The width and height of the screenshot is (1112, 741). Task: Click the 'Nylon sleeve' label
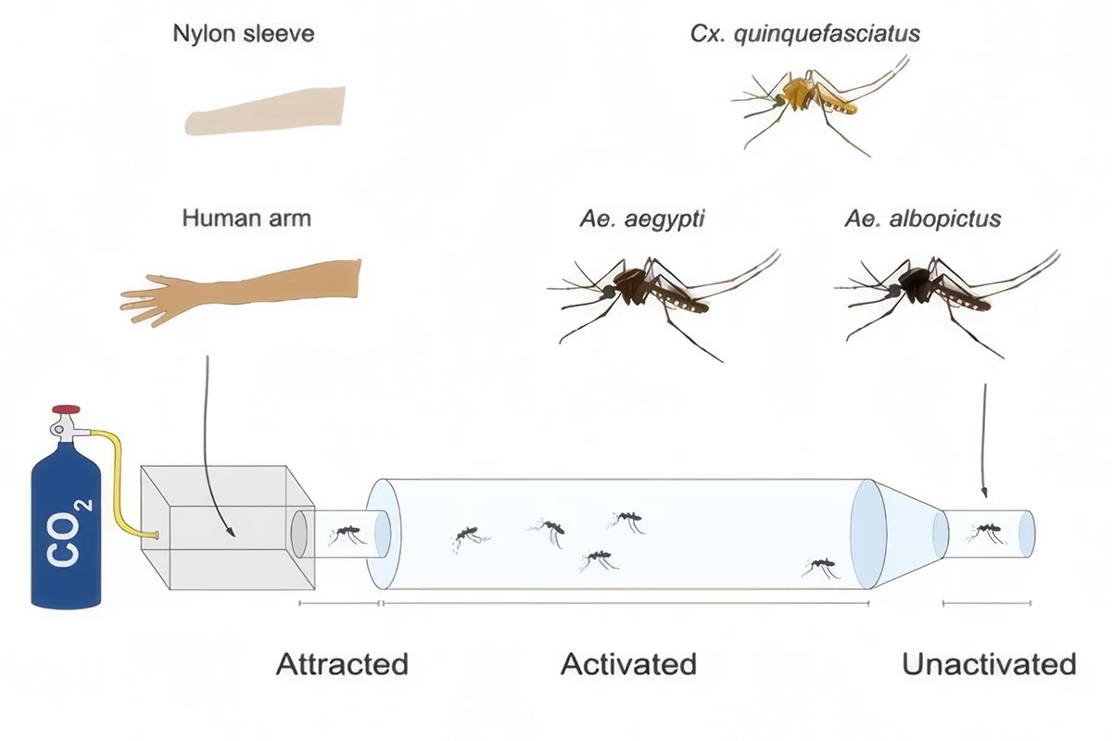point(244,34)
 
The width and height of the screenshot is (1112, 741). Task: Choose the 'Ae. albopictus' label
point(922,220)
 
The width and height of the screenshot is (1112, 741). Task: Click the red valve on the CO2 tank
point(66,408)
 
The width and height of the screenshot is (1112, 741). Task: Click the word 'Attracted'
point(342,664)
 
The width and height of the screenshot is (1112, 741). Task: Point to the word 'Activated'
point(628,664)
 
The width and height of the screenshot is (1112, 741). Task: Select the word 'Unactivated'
point(989,664)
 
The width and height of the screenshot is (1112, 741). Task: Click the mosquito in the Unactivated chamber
point(985,532)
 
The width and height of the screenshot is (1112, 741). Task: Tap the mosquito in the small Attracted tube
point(346,533)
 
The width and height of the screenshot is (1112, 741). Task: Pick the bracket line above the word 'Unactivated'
point(986,603)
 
